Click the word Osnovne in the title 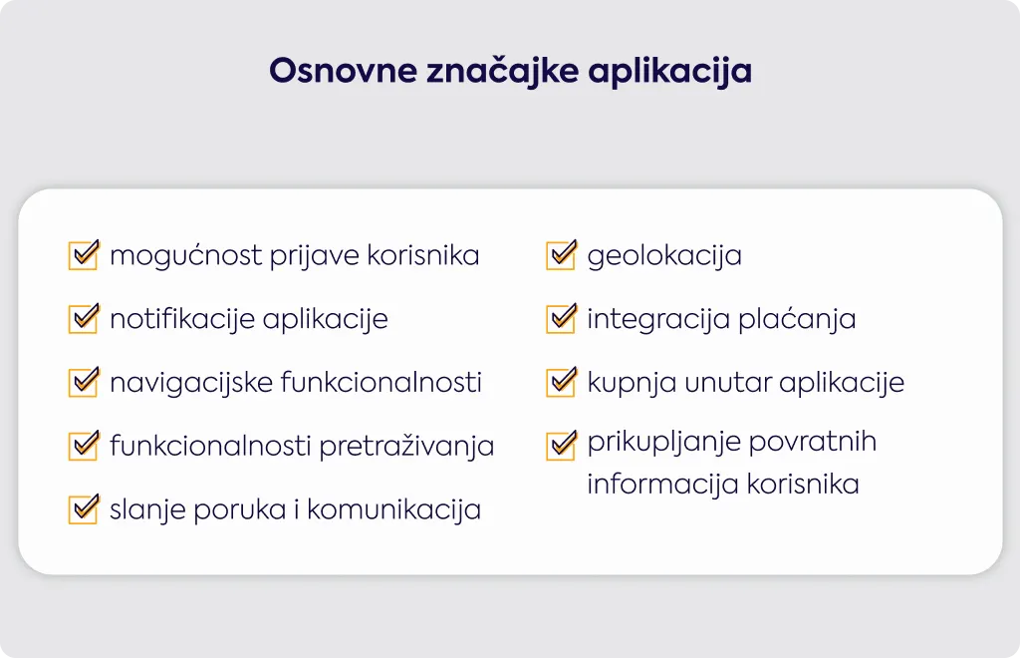(343, 71)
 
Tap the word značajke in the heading (502, 72)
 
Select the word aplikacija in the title (670, 72)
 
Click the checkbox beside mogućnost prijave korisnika (84, 254)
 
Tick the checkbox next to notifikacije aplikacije (84, 318)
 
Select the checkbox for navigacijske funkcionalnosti (84, 382)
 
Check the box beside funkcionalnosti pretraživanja (84, 446)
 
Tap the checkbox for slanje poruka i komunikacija (84, 508)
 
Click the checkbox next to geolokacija (562, 254)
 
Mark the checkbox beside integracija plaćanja (562, 318)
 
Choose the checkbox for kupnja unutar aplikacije (562, 382)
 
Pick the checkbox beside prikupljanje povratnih (562, 446)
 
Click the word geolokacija (664, 256)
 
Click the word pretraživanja (406, 447)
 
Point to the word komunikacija (393, 510)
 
